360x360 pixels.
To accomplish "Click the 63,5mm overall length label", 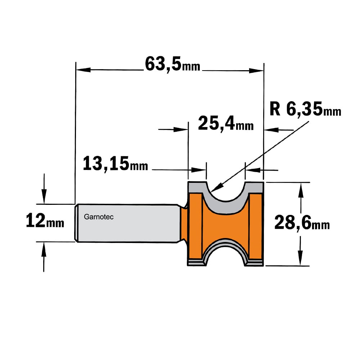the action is [x=173, y=64].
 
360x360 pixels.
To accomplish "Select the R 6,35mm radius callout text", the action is [x=305, y=109].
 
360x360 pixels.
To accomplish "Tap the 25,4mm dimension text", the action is [x=226, y=124].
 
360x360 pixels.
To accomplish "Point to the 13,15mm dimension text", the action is [x=115, y=163].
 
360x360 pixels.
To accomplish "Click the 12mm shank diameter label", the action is [x=45, y=220].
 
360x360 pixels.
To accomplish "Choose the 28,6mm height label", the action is [x=302, y=223].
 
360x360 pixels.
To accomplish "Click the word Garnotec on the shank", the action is [x=99, y=217].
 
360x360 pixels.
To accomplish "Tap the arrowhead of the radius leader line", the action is [x=216, y=187].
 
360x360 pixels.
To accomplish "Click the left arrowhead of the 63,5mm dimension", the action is [x=83, y=70].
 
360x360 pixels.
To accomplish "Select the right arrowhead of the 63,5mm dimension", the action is [x=256, y=71].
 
